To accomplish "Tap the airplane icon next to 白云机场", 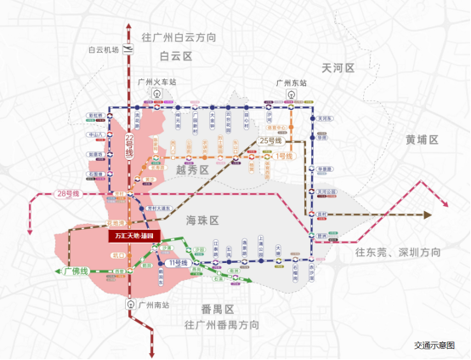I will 129,50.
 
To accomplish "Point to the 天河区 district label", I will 338,67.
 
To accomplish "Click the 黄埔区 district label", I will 422,139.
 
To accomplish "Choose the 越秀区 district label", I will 192,170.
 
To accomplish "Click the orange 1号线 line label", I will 282,156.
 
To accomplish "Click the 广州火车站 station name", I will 156,83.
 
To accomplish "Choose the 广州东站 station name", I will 290,83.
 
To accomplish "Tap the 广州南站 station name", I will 154,304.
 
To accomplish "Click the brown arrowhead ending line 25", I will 428,216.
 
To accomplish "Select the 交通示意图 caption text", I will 435,346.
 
